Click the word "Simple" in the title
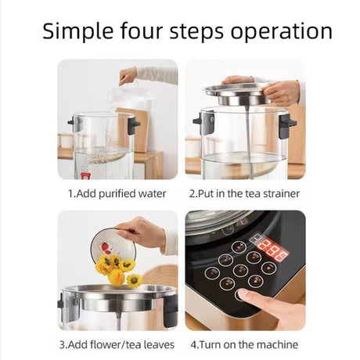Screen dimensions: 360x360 point(77,31)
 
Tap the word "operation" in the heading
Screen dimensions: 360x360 point(282,31)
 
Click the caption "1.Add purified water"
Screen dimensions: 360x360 point(117,194)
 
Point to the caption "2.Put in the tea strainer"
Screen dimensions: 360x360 point(244,194)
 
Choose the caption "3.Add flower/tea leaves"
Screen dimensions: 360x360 point(117,344)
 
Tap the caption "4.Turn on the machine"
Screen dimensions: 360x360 point(244,344)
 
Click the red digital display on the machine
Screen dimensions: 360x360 point(272,250)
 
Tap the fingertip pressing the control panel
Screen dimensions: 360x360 point(243,294)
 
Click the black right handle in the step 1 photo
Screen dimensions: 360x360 point(133,125)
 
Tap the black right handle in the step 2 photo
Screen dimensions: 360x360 point(286,126)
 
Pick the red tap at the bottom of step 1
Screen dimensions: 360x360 point(85,176)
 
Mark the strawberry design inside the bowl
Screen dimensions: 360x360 point(105,247)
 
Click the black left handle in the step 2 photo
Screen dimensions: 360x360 point(203,122)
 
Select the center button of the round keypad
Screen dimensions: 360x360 point(240,270)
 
